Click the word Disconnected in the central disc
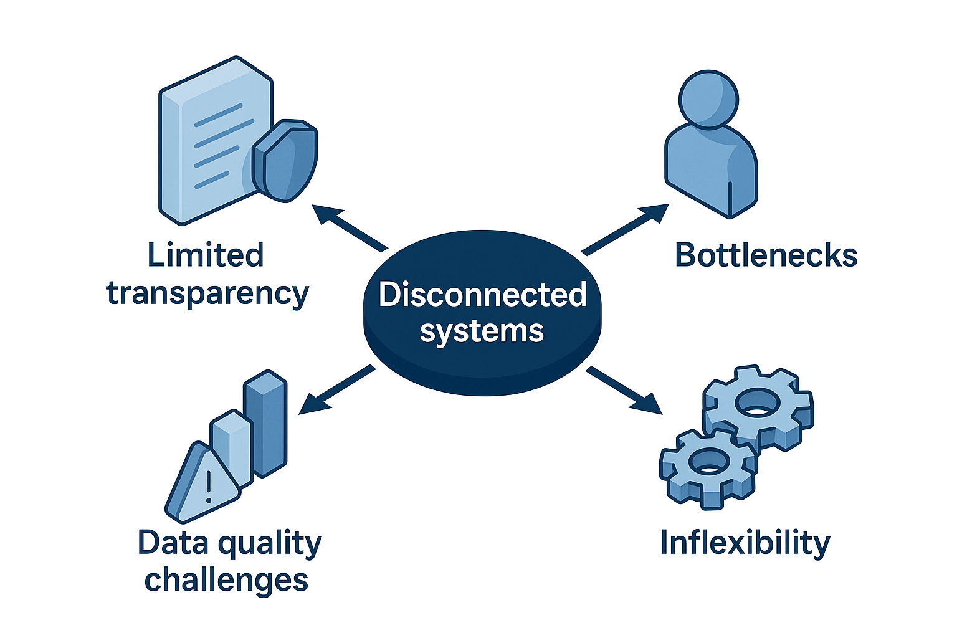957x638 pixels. point(483,294)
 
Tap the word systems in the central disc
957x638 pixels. point(482,331)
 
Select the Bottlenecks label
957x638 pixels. point(766,255)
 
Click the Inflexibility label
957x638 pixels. point(745,542)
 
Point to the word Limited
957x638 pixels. point(206,255)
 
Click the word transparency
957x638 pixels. point(207,293)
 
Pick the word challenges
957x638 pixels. point(226,579)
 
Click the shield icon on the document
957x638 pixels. point(285,159)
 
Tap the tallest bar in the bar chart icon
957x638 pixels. point(266,424)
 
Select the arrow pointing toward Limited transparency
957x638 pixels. point(349,227)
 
